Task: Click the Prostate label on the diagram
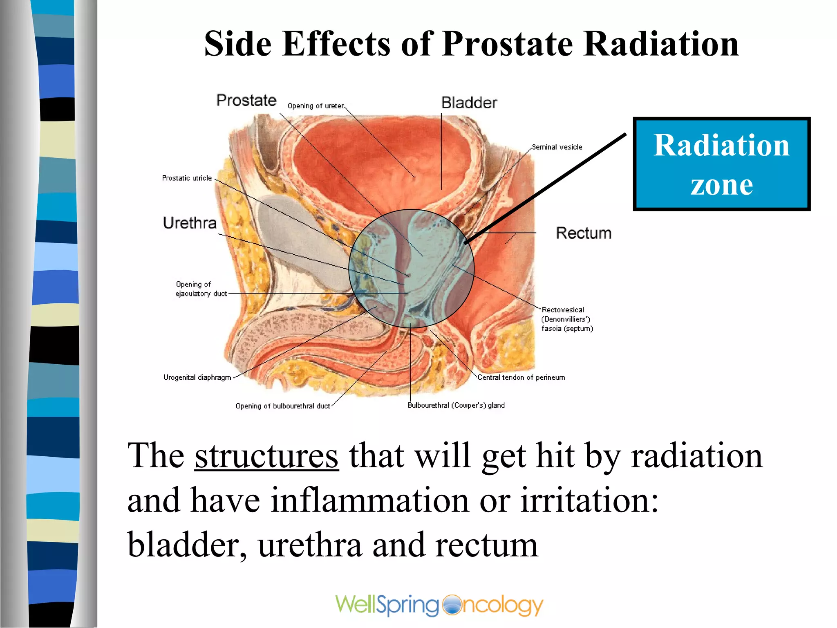[246, 101]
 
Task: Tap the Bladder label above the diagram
[469, 103]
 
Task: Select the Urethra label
[190, 223]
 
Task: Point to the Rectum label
[584, 233]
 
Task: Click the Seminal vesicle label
[557, 147]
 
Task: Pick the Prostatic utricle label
[187, 178]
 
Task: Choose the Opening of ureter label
[316, 106]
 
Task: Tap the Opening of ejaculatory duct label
[201, 289]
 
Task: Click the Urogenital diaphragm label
[197, 377]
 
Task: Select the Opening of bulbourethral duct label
[283, 406]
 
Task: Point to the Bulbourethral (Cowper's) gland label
[456, 406]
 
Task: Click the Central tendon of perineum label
[521, 377]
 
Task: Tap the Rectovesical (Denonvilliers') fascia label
[567, 319]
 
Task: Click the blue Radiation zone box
[721, 164]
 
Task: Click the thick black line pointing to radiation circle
[548, 188]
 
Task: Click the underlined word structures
[266, 456]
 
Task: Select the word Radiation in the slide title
[661, 44]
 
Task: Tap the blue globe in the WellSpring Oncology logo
[451, 605]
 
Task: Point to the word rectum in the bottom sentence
[486, 545]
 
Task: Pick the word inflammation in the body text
[370, 501]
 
